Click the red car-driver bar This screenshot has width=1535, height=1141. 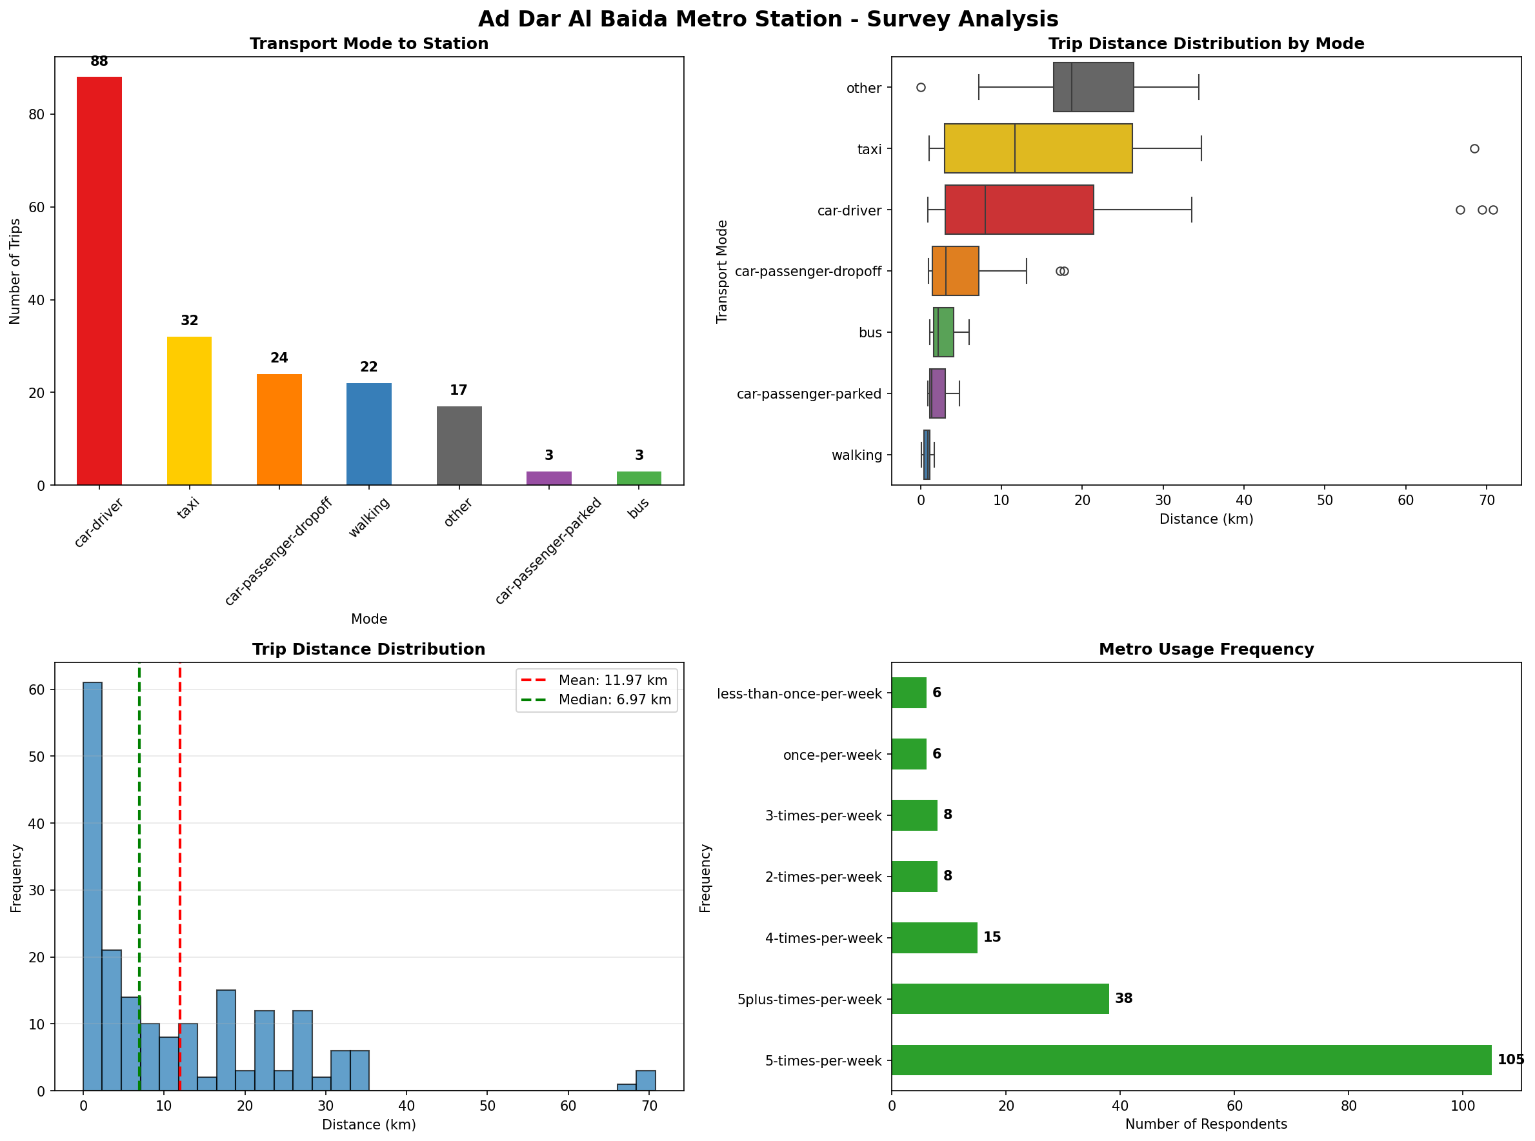pos(99,281)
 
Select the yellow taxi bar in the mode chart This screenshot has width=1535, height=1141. pos(188,411)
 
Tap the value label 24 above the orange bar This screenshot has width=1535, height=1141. pos(279,358)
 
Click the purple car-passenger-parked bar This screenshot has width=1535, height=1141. pos(548,478)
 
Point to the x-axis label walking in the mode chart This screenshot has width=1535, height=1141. pos(369,517)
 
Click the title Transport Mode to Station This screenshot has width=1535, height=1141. pos(369,43)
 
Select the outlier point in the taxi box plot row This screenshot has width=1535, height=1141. pos(1474,148)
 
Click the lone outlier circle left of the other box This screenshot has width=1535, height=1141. pos(921,88)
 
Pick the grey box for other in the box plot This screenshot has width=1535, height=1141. pos(1093,87)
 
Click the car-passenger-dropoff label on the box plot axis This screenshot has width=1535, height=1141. pos(808,272)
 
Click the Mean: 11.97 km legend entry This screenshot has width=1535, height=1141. pos(612,680)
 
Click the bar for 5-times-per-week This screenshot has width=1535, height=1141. pos(1191,1060)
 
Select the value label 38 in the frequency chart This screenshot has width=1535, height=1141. pos(1123,998)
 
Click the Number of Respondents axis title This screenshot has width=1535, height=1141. pos(1205,1124)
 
